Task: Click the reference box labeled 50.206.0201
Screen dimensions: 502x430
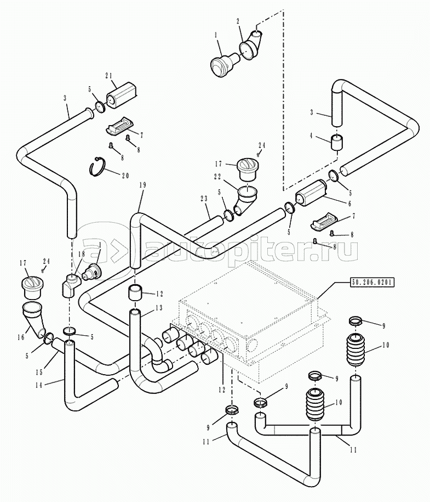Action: click(x=372, y=283)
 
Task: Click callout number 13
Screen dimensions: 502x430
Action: click(x=158, y=308)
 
